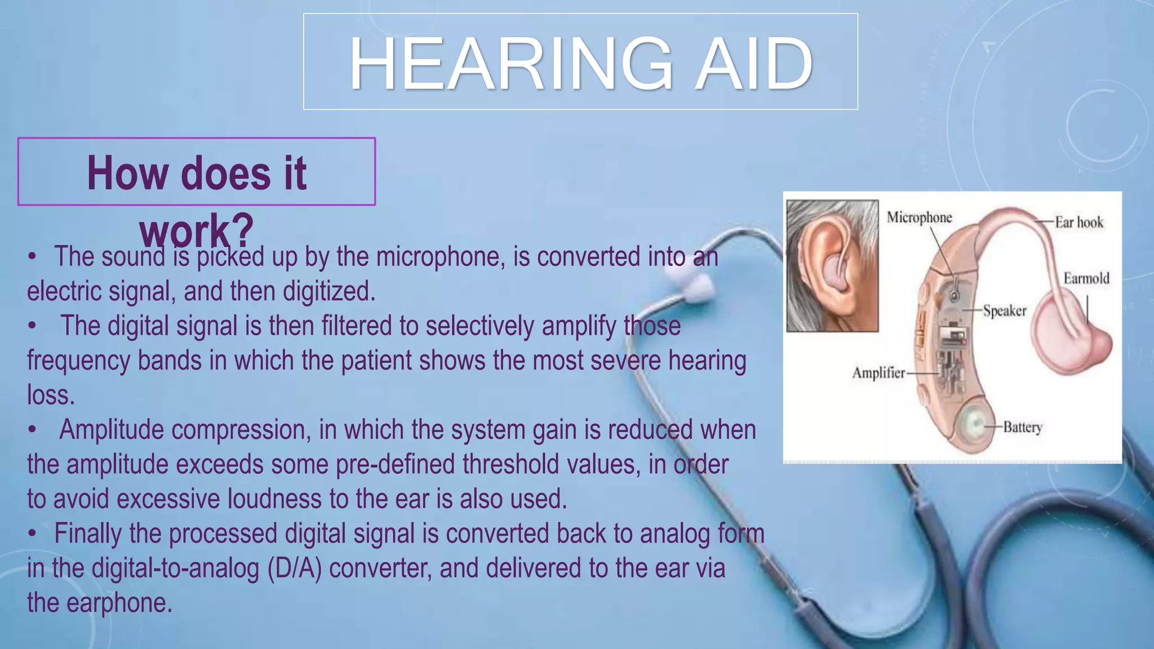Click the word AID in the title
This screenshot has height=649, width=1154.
pyautogui.click(x=754, y=64)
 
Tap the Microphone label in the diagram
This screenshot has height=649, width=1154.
pyautogui.click(x=919, y=217)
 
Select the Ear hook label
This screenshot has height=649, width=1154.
pyautogui.click(x=1078, y=223)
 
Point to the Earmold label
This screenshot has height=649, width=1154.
pyautogui.click(x=1086, y=278)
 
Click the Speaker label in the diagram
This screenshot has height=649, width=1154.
pyautogui.click(x=1005, y=311)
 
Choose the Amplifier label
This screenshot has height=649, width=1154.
pyautogui.click(x=878, y=373)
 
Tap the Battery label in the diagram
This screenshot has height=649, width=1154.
pyautogui.click(x=1022, y=427)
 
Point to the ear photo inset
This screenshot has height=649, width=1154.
pyautogui.click(x=832, y=266)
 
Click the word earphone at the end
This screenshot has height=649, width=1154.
pyautogui.click(x=119, y=603)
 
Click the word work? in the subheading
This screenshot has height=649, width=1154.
pyautogui.click(x=196, y=231)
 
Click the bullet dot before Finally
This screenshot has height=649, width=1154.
pyautogui.click(x=33, y=534)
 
